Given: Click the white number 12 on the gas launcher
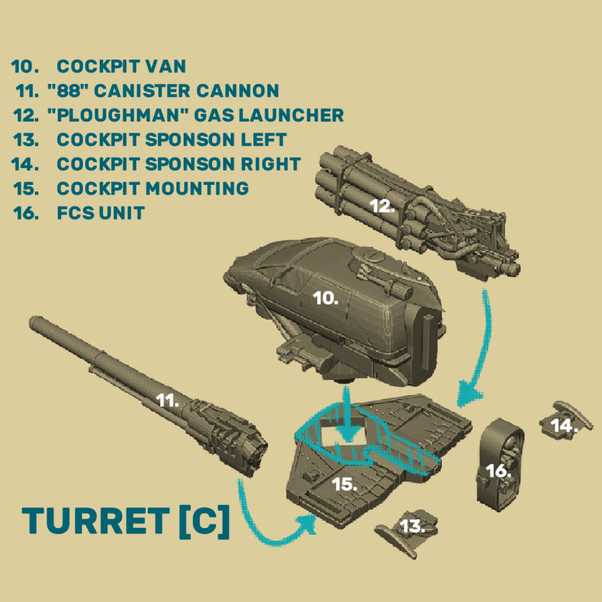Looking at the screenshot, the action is (382, 206).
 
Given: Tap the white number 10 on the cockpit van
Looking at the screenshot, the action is (325, 298).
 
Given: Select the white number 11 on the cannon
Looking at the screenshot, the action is (167, 400).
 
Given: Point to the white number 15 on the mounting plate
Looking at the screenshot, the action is (344, 484).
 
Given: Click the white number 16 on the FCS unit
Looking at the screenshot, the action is (498, 471).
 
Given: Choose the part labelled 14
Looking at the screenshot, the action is (565, 420).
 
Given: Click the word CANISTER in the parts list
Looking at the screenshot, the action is (142, 91).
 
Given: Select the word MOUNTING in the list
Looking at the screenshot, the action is (197, 188).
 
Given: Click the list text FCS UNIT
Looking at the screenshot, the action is (101, 213).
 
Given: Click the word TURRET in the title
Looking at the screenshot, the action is (96, 521).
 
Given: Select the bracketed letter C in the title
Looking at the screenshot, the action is (205, 521).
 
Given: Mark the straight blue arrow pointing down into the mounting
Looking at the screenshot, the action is (347, 415).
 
